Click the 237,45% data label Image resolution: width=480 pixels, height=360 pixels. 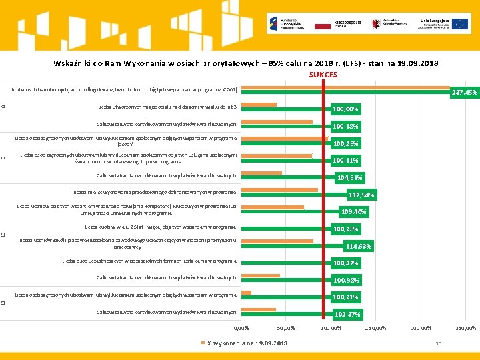point(464,93)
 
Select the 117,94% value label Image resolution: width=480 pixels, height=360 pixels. point(361,195)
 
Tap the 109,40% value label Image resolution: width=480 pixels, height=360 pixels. point(353,212)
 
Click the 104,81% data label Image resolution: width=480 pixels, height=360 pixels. point(350,178)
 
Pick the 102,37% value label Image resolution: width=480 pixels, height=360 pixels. point(347,314)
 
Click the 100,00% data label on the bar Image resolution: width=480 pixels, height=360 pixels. point(346,109)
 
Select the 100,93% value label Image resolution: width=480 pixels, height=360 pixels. point(346,280)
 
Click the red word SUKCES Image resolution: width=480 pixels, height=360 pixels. point(323,75)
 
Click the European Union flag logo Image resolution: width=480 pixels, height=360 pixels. point(460,24)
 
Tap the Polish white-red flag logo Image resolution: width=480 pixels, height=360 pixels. point(323,24)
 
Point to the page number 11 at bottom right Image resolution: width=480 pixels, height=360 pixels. point(439,343)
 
